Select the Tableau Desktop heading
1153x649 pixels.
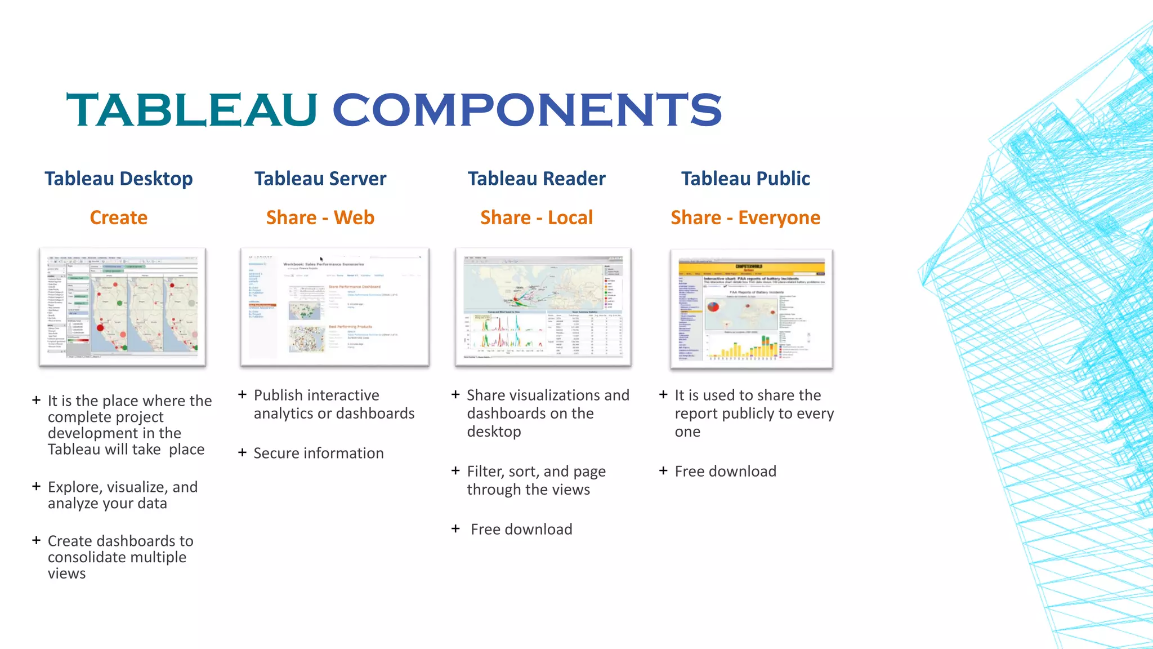click(119, 179)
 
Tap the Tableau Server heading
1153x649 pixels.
click(320, 179)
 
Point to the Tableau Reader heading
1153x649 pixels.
click(537, 179)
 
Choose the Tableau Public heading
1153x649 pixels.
click(745, 179)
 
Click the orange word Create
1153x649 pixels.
click(119, 217)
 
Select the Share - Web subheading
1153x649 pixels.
click(320, 217)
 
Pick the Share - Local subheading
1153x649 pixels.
click(537, 217)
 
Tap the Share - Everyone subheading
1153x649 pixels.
click(745, 217)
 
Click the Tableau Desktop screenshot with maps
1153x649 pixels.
click(123, 306)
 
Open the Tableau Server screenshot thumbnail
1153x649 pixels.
click(334, 306)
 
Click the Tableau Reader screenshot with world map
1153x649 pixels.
click(543, 306)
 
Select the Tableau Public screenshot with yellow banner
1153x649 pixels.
click(752, 309)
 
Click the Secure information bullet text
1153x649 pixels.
click(319, 454)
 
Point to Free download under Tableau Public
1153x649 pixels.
click(725, 472)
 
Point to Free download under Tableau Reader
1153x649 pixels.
click(521, 530)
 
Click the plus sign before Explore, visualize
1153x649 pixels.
click(37, 486)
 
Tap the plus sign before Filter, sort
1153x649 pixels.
click(455, 470)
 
